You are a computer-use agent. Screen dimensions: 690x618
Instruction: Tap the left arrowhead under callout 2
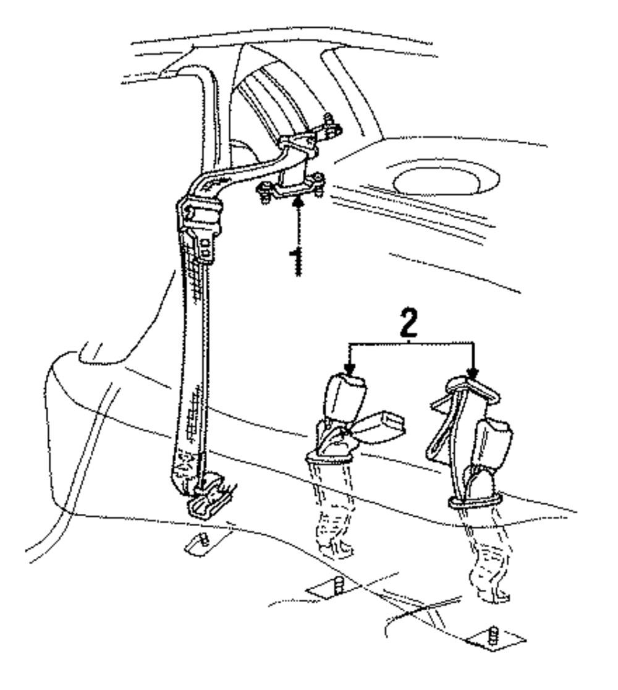click(x=349, y=371)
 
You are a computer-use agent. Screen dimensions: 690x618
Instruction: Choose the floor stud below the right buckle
click(x=494, y=637)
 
